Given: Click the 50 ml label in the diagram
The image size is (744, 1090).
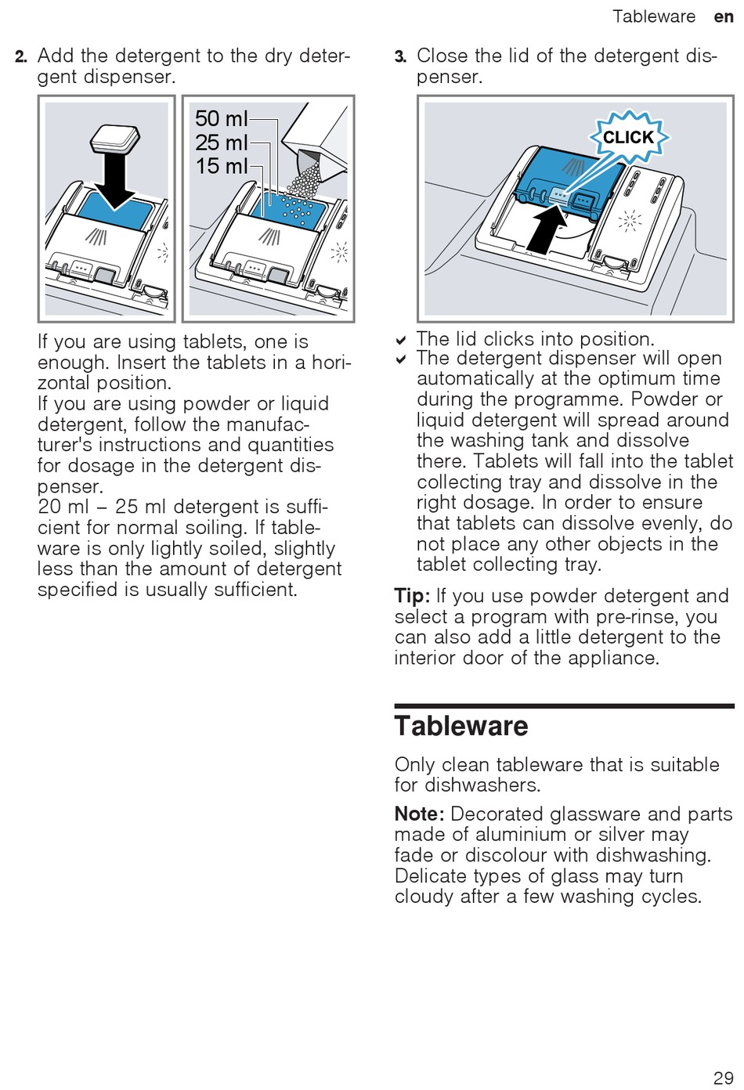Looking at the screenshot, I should (x=221, y=119).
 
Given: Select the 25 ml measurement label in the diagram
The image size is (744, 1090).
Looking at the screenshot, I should (x=221, y=143).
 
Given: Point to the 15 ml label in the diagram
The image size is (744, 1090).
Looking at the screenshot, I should (x=221, y=166).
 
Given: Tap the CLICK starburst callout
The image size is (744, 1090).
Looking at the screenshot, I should (x=628, y=138).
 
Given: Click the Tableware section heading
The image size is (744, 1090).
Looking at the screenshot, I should (x=461, y=726).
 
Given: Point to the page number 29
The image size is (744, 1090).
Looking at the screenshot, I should (x=723, y=1077).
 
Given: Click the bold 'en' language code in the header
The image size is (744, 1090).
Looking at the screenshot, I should (x=723, y=16).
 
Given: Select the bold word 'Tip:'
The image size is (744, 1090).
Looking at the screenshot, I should (x=412, y=596).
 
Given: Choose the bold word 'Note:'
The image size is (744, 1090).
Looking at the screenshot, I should (x=419, y=814).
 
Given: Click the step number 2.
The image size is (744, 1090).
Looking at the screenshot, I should (x=21, y=56).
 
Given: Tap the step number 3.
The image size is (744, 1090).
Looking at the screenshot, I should (x=400, y=56).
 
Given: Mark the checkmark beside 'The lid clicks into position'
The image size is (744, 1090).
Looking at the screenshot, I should (x=401, y=341).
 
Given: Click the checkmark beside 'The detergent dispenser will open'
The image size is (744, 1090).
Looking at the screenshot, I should (x=401, y=359).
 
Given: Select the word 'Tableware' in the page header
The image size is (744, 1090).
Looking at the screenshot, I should (x=653, y=16).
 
